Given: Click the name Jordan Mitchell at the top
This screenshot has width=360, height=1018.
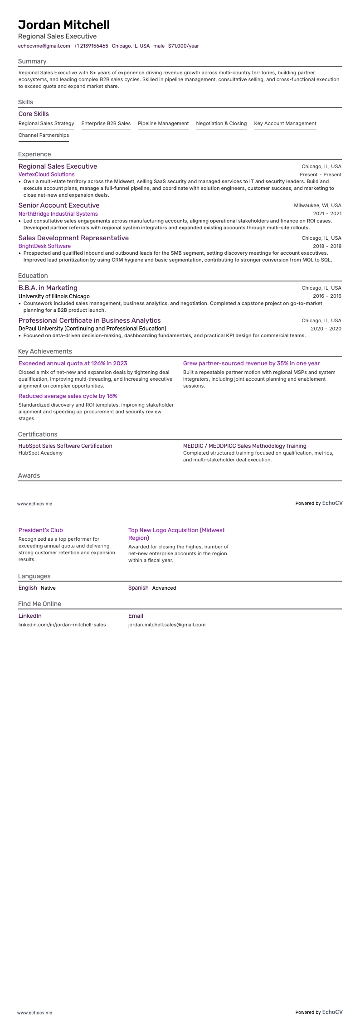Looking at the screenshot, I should click(x=64, y=25).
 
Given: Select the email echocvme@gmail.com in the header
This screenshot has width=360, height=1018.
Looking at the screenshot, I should click(x=44, y=46).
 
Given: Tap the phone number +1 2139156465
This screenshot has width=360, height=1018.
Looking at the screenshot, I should click(x=91, y=46).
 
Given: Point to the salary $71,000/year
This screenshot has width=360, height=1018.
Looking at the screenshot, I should click(x=183, y=46).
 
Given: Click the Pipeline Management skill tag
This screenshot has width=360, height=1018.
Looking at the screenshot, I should click(x=163, y=123).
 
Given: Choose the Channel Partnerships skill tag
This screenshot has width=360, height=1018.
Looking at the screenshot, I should click(x=44, y=135).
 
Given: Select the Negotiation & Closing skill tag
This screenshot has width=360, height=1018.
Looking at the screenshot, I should click(x=221, y=123).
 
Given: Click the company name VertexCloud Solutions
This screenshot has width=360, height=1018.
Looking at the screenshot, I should click(x=46, y=175).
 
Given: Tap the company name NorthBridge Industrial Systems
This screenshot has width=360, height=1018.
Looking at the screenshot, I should click(x=58, y=213).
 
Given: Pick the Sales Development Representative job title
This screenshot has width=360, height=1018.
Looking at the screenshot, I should click(x=73, y=238).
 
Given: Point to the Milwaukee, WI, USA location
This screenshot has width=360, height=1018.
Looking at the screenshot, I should click(x=317, y=205).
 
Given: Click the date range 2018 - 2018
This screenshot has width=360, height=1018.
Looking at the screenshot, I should click(x=327, y=246).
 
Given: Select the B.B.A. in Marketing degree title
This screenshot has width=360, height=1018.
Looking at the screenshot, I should click(x=48, y=288).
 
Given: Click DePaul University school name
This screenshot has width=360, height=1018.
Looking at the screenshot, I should click(x=92, y=329).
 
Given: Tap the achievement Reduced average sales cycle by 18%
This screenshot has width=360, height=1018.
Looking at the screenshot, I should click(x=68, y=396).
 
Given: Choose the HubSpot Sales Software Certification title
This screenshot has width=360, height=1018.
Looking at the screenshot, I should click(x=65, y=446).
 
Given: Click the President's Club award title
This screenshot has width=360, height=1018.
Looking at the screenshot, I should click(x=40, y=530).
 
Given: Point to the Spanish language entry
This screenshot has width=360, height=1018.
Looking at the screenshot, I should click(x=138, y=588).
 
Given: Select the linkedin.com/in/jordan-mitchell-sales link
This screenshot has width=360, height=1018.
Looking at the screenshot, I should click(x=62, y=625).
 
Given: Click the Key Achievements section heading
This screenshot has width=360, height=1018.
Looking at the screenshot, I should click(x=45, y=351).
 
